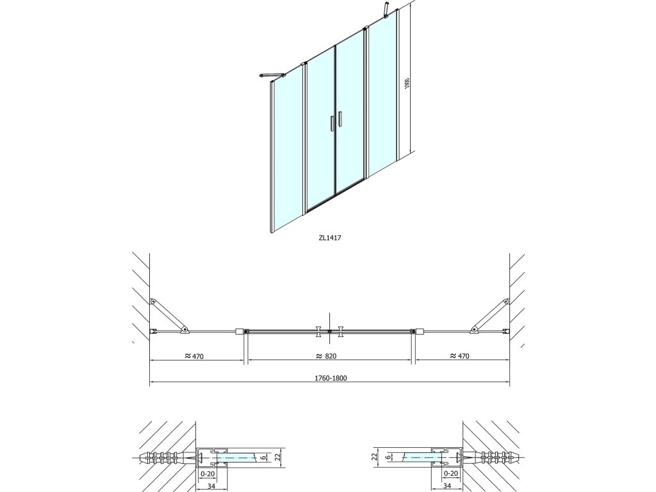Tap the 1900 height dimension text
click(406, 84)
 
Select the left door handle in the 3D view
click(331, 122)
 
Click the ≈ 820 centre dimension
click(327, 356)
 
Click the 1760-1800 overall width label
click(330, 378)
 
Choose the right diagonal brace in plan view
click(490, 315)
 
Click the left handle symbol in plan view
click(318, 331)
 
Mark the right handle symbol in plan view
click(340, 331)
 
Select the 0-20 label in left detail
click(206, 473)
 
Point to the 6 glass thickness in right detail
click(388, 457)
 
